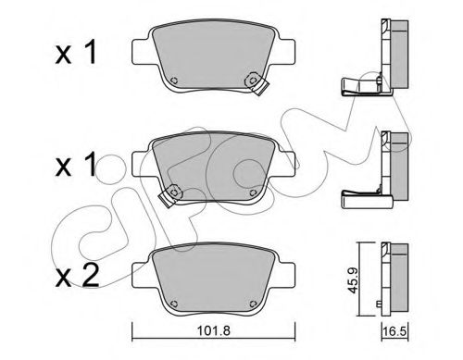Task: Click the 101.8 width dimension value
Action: [x=214, y=331]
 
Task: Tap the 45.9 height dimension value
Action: [x=352, y=280]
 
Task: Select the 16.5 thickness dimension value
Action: [x=394, y=331]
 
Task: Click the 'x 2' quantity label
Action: [x=77, y=276]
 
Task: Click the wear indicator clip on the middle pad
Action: [x=170, y=196]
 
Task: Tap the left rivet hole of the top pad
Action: [x=174, y=81]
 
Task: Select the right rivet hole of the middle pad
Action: [x=253, y=192]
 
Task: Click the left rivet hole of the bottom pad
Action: [x=174, y=304]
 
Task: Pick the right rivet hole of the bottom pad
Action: [x=253, y=304]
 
